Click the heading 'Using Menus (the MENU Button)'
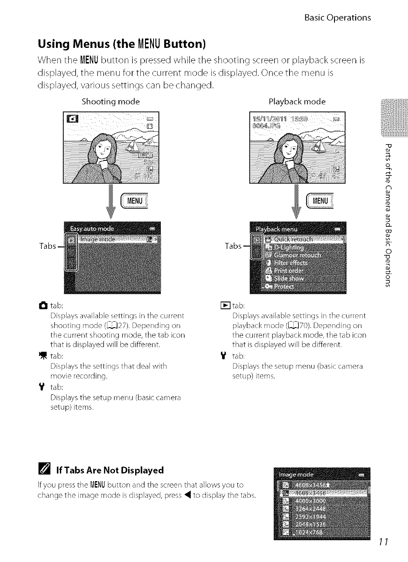tap(122, 44)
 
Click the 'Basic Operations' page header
tap(337, 18)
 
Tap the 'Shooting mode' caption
tap(111, 102)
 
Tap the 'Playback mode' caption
tap(297, 102)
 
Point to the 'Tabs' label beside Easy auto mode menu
tap(47, 246)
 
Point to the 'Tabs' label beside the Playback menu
tap(233, 246)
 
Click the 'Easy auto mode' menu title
tap(92, 229)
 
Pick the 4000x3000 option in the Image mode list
tap(310, 501)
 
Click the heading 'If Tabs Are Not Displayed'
tap(110, 470)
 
